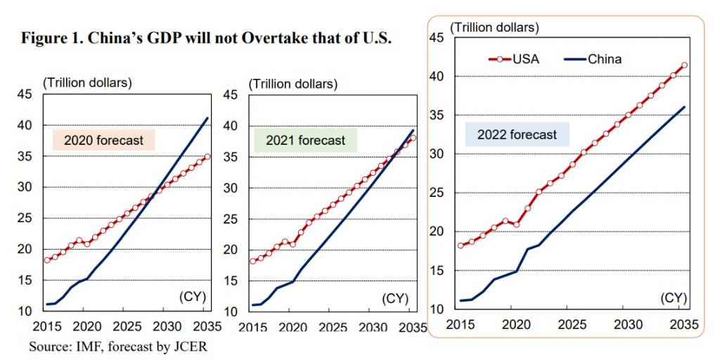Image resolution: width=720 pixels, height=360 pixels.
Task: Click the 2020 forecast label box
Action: [x=103, y=140]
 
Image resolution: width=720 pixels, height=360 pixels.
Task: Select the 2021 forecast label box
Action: [x=305, y=140]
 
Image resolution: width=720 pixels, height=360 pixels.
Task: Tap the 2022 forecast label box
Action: [x=517, y=134]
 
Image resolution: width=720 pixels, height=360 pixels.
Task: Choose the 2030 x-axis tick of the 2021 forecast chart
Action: [x=367, y=327]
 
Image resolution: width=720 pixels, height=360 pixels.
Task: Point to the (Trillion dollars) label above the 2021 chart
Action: [x=293, y=84]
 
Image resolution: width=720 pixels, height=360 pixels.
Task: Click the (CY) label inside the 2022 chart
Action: [x=673, y=297]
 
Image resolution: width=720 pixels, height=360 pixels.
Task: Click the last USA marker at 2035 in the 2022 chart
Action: [x=684, y=65]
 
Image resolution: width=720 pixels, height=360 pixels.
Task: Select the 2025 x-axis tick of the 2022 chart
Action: [x=572, y=324]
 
